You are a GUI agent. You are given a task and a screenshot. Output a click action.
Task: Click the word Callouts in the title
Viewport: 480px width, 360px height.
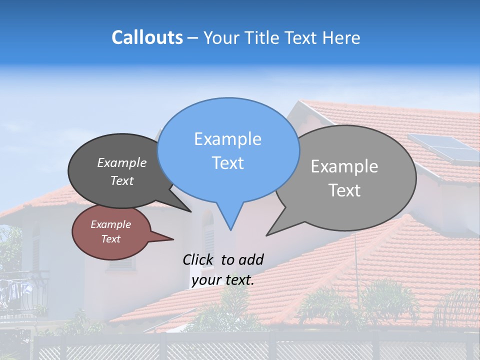pyautogui.click(x=147, y=37)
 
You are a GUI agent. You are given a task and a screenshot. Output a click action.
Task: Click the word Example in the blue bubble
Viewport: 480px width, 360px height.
pyautogui.click(x=227, y=139)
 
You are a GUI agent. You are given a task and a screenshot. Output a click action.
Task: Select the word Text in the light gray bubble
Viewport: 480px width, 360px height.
pyautogui.click(x=345, y=190)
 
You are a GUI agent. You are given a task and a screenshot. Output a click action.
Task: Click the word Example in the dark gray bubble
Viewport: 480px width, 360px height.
pyautogui.click(x=121, y=162)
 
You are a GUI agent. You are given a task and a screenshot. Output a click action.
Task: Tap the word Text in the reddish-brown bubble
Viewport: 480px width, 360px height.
pyautogui.click(x=110, y=239)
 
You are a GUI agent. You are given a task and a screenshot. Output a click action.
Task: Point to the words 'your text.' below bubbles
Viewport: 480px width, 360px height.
pyautogui.click(x=222, y=279)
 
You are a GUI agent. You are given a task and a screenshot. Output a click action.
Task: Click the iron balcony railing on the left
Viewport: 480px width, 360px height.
pyautogui.click(x=22, y=295)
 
